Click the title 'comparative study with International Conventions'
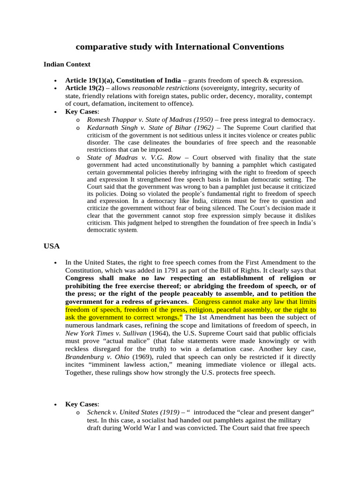click(x=180, y=47)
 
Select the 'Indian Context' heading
click(x=67, y=64)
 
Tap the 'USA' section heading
click(x=52, y=245)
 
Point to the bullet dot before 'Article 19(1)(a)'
click(x=56, y=80)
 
